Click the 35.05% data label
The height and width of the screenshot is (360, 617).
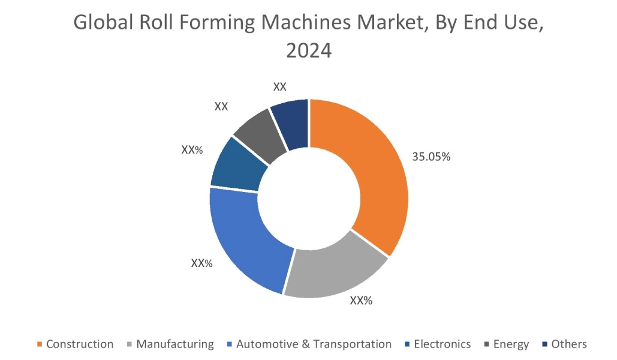[x=431, y=157]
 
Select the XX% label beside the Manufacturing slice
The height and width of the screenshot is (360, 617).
[x=361, y=301]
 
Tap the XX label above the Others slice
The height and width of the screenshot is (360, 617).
[x=280, y=86]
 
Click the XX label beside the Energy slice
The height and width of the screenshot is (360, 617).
[x=221, y=106]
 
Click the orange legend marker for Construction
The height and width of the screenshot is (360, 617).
[x=40, y=344]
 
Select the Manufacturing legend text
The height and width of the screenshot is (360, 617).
[x=174, y=344]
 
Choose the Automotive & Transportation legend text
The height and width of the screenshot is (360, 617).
[x=314, y=344]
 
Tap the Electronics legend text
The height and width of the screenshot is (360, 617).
[x=443, y=344]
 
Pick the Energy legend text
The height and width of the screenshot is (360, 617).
[x=511, y=344]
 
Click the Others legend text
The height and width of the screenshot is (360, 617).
[x=569, y=344]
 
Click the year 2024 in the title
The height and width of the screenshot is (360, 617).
[x=308, y=51]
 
